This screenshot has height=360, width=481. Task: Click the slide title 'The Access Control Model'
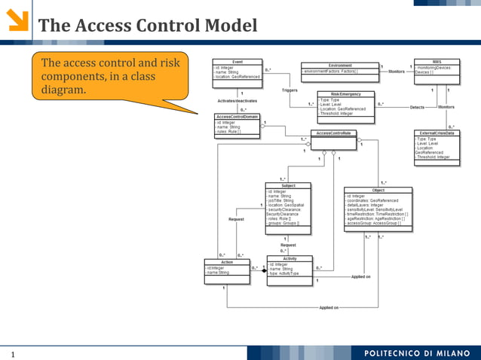tap(148, 26)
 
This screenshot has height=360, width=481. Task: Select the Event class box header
tap(237, 62)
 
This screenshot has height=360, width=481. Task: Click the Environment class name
tap(339, 66)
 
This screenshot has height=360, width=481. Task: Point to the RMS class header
tap(437, 62)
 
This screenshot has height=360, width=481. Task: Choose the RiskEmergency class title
tap(345, 94)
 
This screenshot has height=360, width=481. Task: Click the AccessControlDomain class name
tap(237, 117)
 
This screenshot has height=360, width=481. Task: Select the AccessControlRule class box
tap(332, 133)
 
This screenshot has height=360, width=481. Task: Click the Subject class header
tap(288, 185)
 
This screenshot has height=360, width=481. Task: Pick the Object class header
tap(378, 191)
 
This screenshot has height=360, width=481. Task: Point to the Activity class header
tap(289, 258)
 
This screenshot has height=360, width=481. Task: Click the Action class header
tap(227, 262)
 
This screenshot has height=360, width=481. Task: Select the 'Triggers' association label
tap(290, 90)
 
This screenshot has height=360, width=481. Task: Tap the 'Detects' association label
tap(417, 108)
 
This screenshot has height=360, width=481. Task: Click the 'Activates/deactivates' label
tap(237, 100)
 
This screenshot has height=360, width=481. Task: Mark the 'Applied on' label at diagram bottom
tap(329, 307)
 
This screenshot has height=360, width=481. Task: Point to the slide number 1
tap(13, 353)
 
